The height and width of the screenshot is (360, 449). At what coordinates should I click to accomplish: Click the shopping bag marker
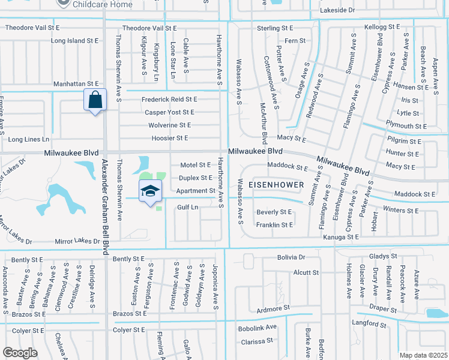(x=95, y=100)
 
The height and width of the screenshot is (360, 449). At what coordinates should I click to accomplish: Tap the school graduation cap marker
(x=150, y=191)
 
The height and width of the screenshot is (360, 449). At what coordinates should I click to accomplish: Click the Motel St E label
(x=196, y=165)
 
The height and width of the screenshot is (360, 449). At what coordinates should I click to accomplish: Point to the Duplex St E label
(x=196, y=178)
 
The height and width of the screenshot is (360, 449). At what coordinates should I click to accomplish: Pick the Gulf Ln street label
(x=188, y=207)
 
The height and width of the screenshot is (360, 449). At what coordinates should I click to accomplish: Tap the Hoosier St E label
(x=172, y=138)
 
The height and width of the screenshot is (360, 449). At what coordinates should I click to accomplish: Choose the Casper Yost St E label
(x=169, y=112)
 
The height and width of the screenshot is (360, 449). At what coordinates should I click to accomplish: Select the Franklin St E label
(x=274, y=225)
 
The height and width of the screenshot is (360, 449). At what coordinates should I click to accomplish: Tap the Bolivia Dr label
(x=291, y=257)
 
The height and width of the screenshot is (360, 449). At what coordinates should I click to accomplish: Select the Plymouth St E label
(x=406, y=126)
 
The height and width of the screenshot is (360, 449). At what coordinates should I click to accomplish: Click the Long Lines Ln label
(x=28, y=139)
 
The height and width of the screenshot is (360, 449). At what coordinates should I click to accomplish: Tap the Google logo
(x=20, y=352)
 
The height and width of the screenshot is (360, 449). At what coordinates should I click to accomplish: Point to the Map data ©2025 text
(x=424, y=355)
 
